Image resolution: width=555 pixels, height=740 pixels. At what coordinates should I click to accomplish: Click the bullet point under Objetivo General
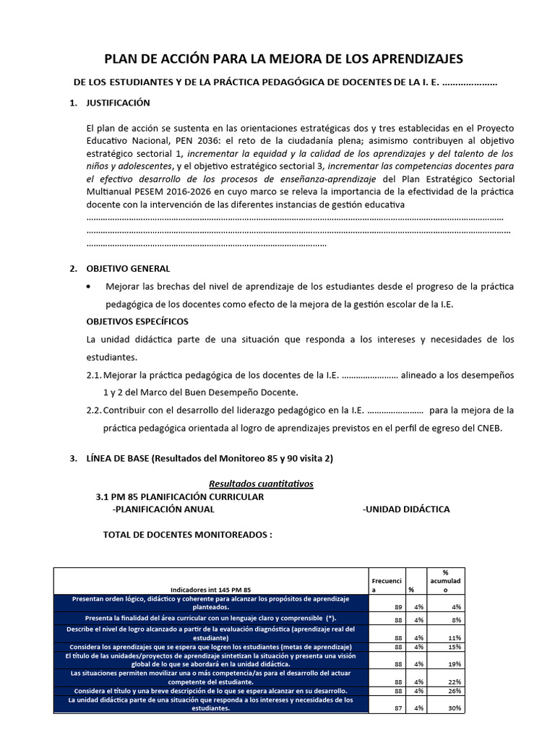point(88,287)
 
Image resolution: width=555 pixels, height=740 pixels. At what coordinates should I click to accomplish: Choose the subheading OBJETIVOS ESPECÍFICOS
point(137,321)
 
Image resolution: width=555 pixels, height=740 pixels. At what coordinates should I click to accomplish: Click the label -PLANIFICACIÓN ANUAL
point(163,509)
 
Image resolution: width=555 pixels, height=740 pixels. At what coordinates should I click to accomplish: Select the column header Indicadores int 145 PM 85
point(210,589)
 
